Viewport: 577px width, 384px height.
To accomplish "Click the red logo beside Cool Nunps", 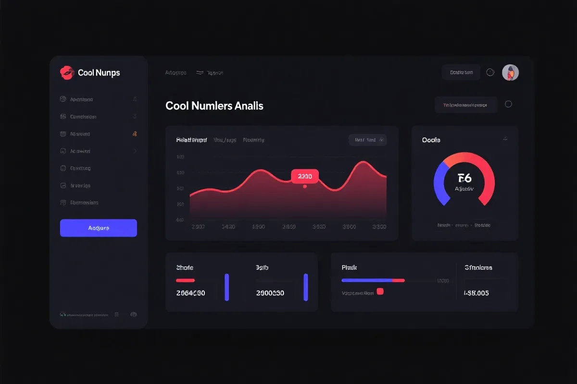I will click(67, 72).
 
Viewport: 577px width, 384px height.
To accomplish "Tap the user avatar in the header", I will click(510, 72).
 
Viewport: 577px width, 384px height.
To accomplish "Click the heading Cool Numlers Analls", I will click(214, 106).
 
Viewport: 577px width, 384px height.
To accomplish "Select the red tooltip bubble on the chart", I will click(305, 176).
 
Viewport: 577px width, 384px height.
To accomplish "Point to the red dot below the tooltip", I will click(305, 186).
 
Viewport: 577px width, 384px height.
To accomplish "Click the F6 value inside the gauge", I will click(464, 179).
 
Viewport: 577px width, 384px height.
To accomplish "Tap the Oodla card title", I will click(431, 140).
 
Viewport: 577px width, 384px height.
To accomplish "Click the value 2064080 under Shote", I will click(190, 293).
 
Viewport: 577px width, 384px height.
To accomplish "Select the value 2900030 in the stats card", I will click(270, 293).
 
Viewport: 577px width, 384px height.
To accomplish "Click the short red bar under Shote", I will click(185, 280).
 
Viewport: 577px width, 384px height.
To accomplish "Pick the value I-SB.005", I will click(476, 293).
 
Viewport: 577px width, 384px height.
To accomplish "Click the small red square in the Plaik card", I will click(380, 291).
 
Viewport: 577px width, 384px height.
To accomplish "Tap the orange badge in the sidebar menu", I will click(135, 134).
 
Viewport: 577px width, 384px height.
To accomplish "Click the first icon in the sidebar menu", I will click(63, 99).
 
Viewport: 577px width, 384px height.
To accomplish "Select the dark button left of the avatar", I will click(461, 72).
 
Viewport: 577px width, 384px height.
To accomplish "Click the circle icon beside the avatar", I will click(490, 72).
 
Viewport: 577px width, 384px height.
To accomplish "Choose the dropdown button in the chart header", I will click(367, 140).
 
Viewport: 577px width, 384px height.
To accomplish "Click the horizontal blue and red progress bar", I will click(373, 280).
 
